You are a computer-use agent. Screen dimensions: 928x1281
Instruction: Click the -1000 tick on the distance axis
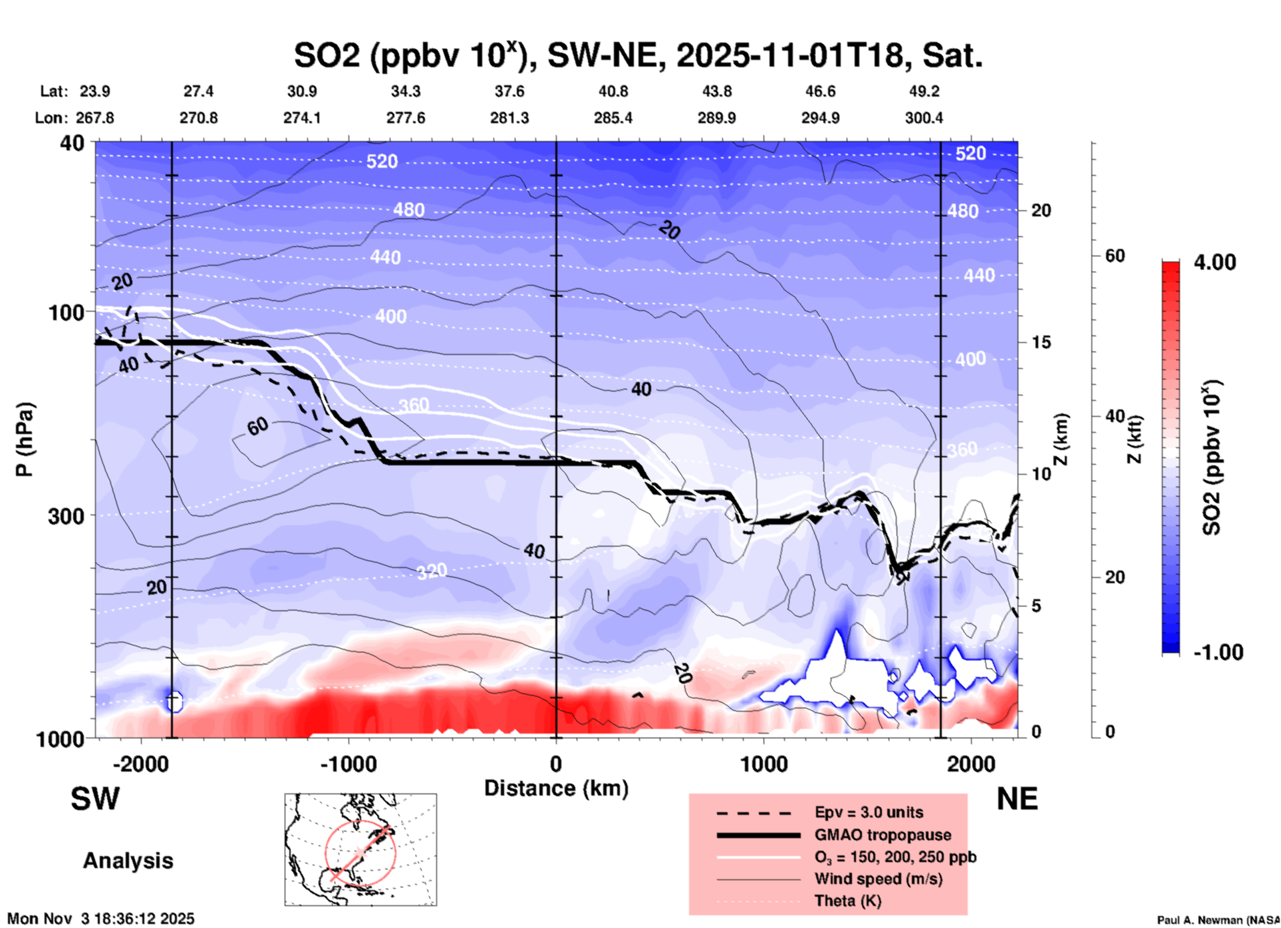tap(348, 764)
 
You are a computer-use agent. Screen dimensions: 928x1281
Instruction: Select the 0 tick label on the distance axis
tap(556, 764)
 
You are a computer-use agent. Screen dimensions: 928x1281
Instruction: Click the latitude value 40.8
tap(613, 91)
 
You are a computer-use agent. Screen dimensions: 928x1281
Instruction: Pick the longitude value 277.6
tap(405, 118)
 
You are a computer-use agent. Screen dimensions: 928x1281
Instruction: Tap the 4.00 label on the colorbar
tap(1214, 262)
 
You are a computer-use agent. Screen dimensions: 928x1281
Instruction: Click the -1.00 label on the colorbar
tap(1218, 652)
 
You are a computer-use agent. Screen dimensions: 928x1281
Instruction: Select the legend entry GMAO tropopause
tap(883, 835)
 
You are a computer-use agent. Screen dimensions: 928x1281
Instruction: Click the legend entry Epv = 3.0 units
tap(869, 812)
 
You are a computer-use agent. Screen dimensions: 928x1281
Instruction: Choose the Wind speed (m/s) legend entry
tap(878, 879)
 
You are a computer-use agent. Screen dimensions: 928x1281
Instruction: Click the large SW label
tap(95, 799)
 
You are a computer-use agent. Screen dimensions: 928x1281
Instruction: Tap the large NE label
tap(1017, 799)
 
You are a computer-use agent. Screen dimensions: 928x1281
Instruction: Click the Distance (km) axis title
tap(556, 788)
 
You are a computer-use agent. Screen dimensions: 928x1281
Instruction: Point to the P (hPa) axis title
tap(25, 439)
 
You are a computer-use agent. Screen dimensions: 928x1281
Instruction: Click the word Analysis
tap(128, 861)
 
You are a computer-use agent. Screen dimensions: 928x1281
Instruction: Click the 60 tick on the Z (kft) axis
tap(1115, 256)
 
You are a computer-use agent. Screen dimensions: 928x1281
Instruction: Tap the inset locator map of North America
tap(360, 849)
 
